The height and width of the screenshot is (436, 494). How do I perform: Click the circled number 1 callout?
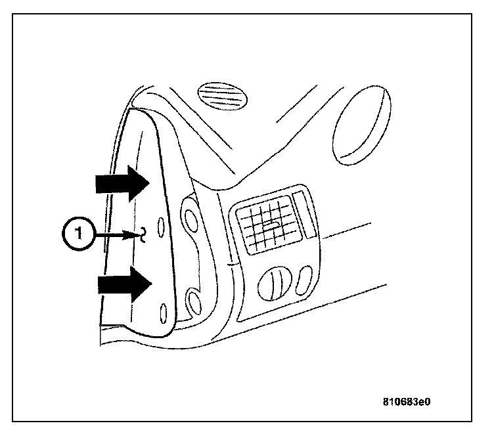(78, 234)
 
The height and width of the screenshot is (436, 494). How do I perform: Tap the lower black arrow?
(123, 284)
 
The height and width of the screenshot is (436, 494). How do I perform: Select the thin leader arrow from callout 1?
(115, 233)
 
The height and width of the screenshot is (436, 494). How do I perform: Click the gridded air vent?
(267, 225)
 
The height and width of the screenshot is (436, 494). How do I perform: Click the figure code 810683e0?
(411, 400)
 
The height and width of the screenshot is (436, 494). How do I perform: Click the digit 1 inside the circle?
(78, 234)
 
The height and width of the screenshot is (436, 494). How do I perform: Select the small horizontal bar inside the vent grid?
(269, 225)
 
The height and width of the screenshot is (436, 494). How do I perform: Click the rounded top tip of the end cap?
(141, 112)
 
